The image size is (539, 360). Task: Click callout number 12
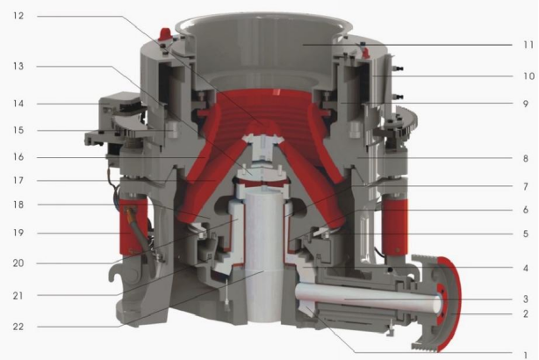tap(18, 16)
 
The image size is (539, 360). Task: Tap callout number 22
tap(18, 327)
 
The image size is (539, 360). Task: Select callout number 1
tap(525, 355)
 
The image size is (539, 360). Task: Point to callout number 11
tap(528, 45)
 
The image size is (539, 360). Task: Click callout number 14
tap(18, 104)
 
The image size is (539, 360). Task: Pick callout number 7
tap(525, 186)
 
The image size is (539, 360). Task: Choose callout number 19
tap(18, 233)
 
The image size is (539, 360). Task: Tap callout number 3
tap(525, 299)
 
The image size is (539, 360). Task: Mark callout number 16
tap(18, 157)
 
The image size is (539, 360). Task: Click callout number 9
tap(525, 104)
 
